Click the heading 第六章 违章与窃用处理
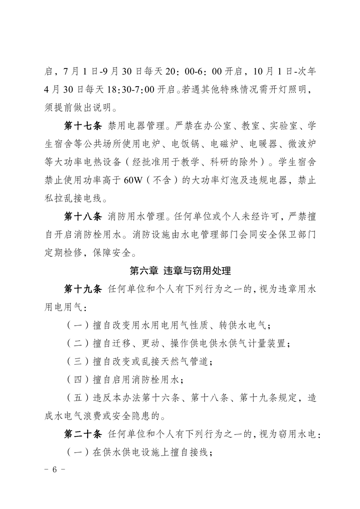tap(180, 271)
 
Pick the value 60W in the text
tap(133, 180)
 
